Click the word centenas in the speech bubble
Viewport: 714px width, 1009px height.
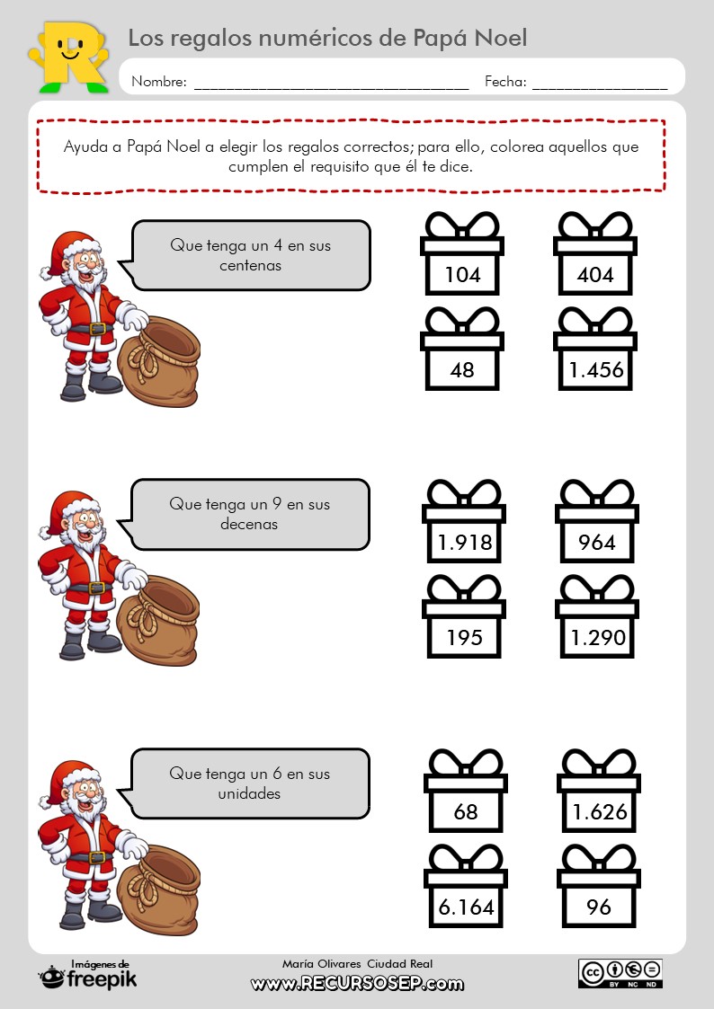[x=250, y=266]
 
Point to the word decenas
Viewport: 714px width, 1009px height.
[x=249, y=524]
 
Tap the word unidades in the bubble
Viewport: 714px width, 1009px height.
[x=249, y=793]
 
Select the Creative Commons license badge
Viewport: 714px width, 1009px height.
[x=620, y=973]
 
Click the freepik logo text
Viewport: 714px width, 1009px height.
[x=101, y=978]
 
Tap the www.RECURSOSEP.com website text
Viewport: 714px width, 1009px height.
[x=357, y=984]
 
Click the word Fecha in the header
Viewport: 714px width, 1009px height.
[x=505, y=82]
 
